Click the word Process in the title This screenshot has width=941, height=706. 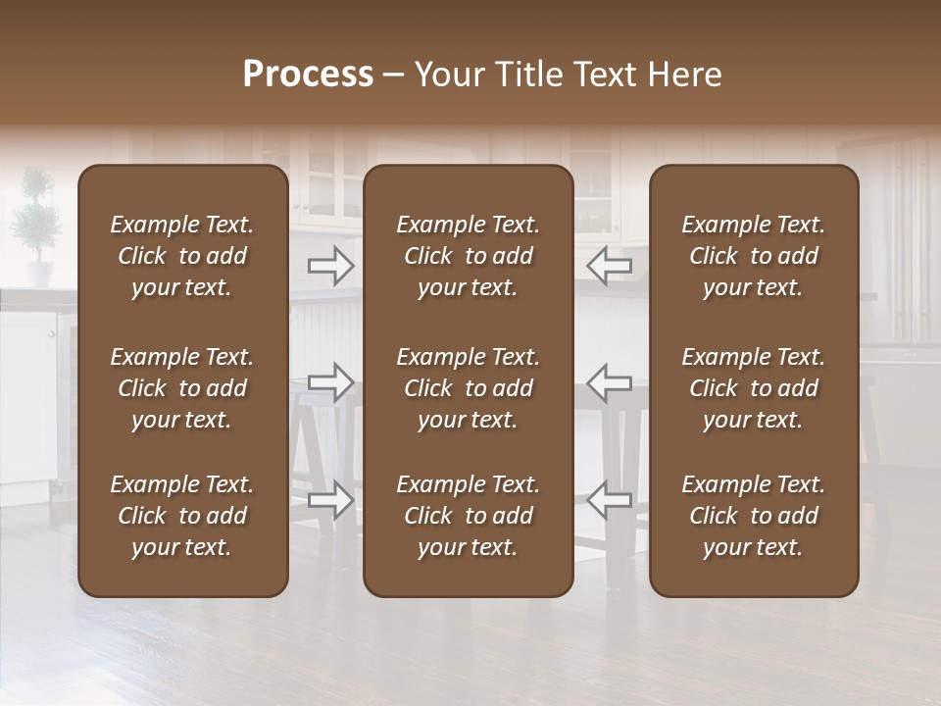tap(308, 75)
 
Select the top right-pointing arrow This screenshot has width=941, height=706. tap(331, 265)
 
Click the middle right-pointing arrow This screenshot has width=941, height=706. tap(331, 381)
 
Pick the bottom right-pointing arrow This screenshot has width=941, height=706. tap(331, 499)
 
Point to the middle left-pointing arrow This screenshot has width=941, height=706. tap(609, 381)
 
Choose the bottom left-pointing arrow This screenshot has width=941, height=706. tap(609, 499)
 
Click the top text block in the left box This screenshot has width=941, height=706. tap(182, 256)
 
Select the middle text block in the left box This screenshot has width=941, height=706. tap(182, 388)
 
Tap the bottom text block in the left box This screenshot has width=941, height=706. tap(182, 516)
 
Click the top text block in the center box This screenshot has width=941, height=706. tap(469, 256)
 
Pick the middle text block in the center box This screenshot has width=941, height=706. tap(469, 388)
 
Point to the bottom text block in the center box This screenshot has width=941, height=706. tap(469, 516)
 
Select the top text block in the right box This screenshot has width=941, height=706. tap(754, 256)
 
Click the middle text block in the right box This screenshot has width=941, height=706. tap(754, 388)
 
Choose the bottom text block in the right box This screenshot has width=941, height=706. tap(754, 516)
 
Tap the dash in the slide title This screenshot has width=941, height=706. tap(394, 76)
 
